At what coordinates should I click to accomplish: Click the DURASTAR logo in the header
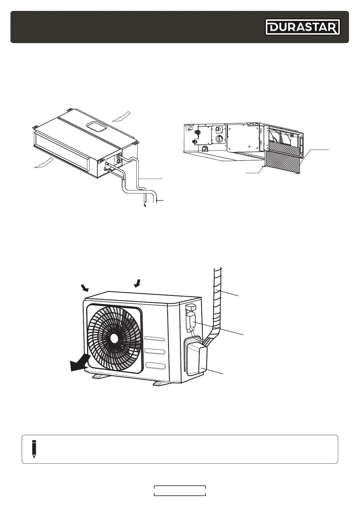(303, 27)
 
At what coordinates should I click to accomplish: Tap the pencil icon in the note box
(34, 449)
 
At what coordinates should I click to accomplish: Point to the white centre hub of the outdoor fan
(114, 339)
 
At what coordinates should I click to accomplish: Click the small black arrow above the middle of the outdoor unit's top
(137, 283)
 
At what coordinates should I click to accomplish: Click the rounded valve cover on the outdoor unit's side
(196, 360)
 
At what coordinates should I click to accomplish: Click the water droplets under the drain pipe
(145, 206)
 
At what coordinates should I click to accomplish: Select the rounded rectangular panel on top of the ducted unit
(96, 127)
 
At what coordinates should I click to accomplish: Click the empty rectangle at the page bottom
(180, 491)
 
